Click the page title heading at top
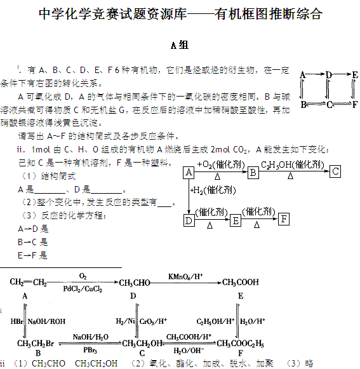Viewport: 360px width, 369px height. tap(180, 13)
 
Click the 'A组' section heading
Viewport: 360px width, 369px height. tap(180, 45)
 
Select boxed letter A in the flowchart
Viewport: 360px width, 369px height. tap(189, 173)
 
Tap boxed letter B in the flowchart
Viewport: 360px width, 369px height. tap(253, 173)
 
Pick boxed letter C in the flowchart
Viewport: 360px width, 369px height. tap(335, 171)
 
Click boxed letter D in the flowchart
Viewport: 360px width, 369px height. tap(189, 220)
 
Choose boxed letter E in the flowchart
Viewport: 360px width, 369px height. tap(236, 220)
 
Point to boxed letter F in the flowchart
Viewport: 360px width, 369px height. tap(284, 219)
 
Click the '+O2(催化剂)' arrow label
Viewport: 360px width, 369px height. tap(221, 164)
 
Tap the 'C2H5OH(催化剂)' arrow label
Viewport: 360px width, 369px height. tap(293, 164)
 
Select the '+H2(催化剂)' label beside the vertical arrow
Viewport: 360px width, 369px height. tap(213, 190)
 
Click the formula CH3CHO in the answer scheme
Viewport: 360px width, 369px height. tap(135, 283)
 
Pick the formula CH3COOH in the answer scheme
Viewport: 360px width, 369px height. tap(241, 282)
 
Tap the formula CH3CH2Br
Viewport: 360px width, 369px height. tap(36, 344)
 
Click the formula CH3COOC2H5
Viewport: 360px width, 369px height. tap(240, 344)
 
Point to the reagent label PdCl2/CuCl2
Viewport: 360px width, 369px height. tap(83, 289)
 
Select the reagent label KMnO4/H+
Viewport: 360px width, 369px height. tap(185, 276)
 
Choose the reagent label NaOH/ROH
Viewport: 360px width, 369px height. tap(46, 321)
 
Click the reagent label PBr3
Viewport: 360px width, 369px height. tap(90, 350)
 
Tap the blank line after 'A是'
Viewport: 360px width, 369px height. tap(50, 193)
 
